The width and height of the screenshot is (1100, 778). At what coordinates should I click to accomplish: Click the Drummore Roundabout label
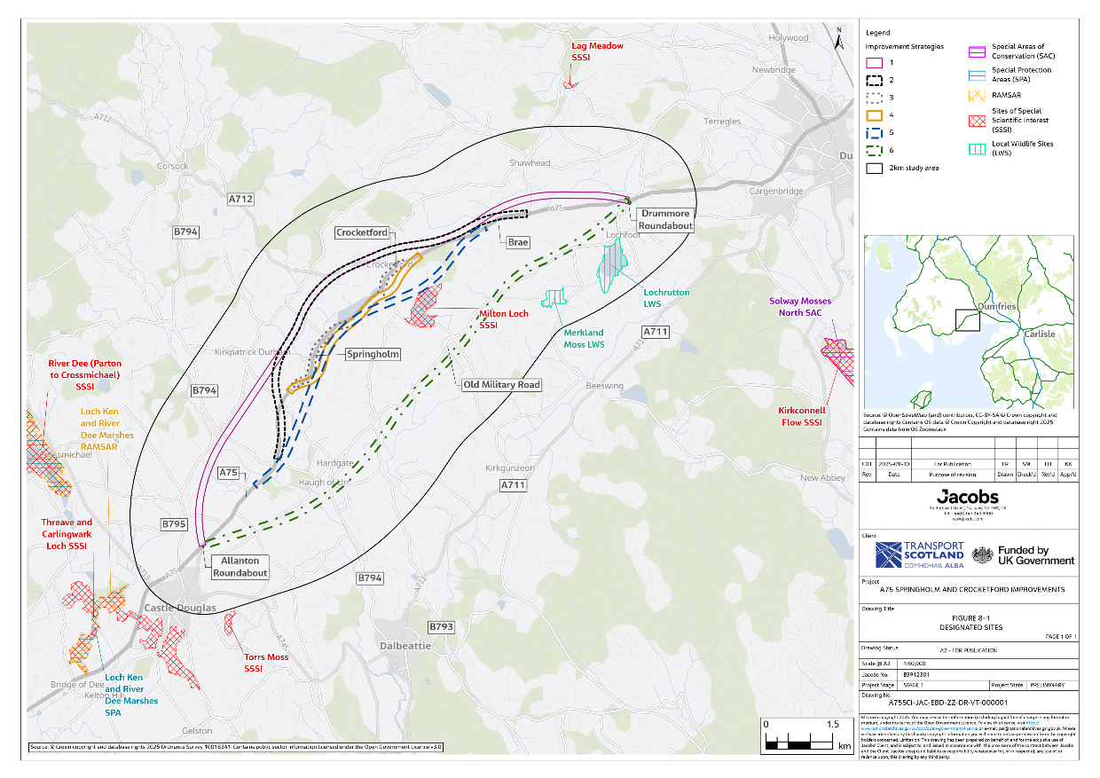tap(664, 220)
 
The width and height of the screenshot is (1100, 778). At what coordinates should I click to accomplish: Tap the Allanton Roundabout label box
tap(240, 567)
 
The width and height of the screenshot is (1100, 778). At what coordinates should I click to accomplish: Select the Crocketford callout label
tap(362, 232)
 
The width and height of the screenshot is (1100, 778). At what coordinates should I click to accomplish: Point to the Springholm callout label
tap(373, 354)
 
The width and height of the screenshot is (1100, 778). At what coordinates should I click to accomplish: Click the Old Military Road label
tap(500, 384)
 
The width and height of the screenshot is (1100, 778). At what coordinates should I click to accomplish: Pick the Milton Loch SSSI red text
tap(504, 320)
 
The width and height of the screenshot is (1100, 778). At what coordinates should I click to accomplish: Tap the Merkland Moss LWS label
tap(584, 338)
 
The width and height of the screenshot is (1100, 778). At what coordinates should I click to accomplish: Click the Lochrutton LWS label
tap(666, 297)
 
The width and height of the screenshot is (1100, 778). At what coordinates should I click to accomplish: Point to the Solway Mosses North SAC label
tap(799, 306)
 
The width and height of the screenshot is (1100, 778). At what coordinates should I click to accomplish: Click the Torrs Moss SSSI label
tap(266, 663)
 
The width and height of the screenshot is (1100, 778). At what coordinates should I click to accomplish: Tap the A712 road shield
tap(240, 200)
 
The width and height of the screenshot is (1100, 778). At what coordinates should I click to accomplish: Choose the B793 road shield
tap(441, 627)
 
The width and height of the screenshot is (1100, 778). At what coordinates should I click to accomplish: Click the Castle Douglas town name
tap(180, 609)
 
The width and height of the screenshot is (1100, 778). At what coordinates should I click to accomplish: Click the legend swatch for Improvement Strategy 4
tap(874, 115)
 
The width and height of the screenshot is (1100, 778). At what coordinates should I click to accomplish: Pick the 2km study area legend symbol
tap(874, 167)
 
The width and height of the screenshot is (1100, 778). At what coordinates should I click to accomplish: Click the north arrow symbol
tap(839, 36)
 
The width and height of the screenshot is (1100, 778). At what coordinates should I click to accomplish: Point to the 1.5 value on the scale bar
tap(832, 725)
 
